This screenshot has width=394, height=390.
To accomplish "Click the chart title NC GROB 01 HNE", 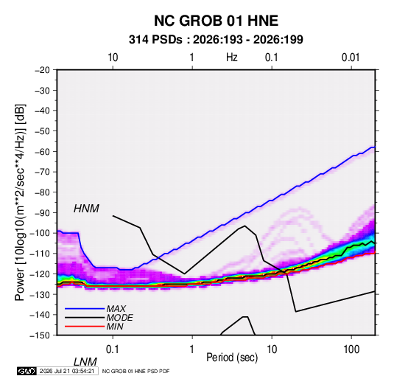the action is [x=216, y=21].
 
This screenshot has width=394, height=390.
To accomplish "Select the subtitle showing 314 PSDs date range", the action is [x=216, y=40].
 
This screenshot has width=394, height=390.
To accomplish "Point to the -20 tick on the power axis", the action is [x=42, y=70].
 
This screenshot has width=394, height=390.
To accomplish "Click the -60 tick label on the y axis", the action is [x=42, y=151].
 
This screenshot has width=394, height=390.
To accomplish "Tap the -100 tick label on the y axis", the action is [x=40, y=233].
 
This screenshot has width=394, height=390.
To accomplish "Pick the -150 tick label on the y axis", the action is [x=40, y=335].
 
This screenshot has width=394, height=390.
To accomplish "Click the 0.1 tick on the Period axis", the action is [x=113, y=349].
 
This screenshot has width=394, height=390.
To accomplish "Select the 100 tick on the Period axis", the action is [x=351, y=349].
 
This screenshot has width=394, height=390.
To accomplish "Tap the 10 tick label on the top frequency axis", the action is [x=113, y=58].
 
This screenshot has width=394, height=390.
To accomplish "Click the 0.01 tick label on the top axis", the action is [x=351, y=58].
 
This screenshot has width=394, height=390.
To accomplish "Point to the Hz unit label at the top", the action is [x=232, y=58].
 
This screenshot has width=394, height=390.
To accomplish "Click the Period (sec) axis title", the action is [x=232, y=358].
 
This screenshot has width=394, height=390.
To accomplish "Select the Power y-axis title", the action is [x=20, y=203].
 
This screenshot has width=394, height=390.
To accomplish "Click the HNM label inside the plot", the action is [x=86, y=209].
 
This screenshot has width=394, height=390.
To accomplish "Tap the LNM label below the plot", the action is [x=85, y=362].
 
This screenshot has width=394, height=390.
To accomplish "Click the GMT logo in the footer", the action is [x=27, y=371].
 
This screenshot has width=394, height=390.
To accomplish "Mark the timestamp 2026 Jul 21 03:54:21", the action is [x=67, y=371].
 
